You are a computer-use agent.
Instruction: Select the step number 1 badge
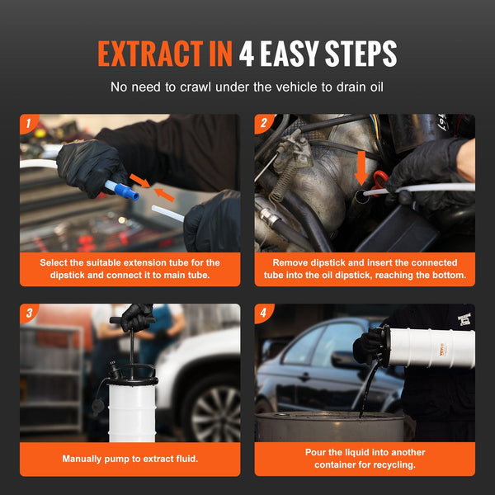click(27, 124)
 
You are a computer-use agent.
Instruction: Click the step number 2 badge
click(263, 124)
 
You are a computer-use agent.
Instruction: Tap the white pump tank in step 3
click(132, 408)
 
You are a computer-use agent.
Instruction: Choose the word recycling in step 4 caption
click(390, 464)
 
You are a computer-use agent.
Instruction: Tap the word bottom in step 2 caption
click(446, 275)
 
